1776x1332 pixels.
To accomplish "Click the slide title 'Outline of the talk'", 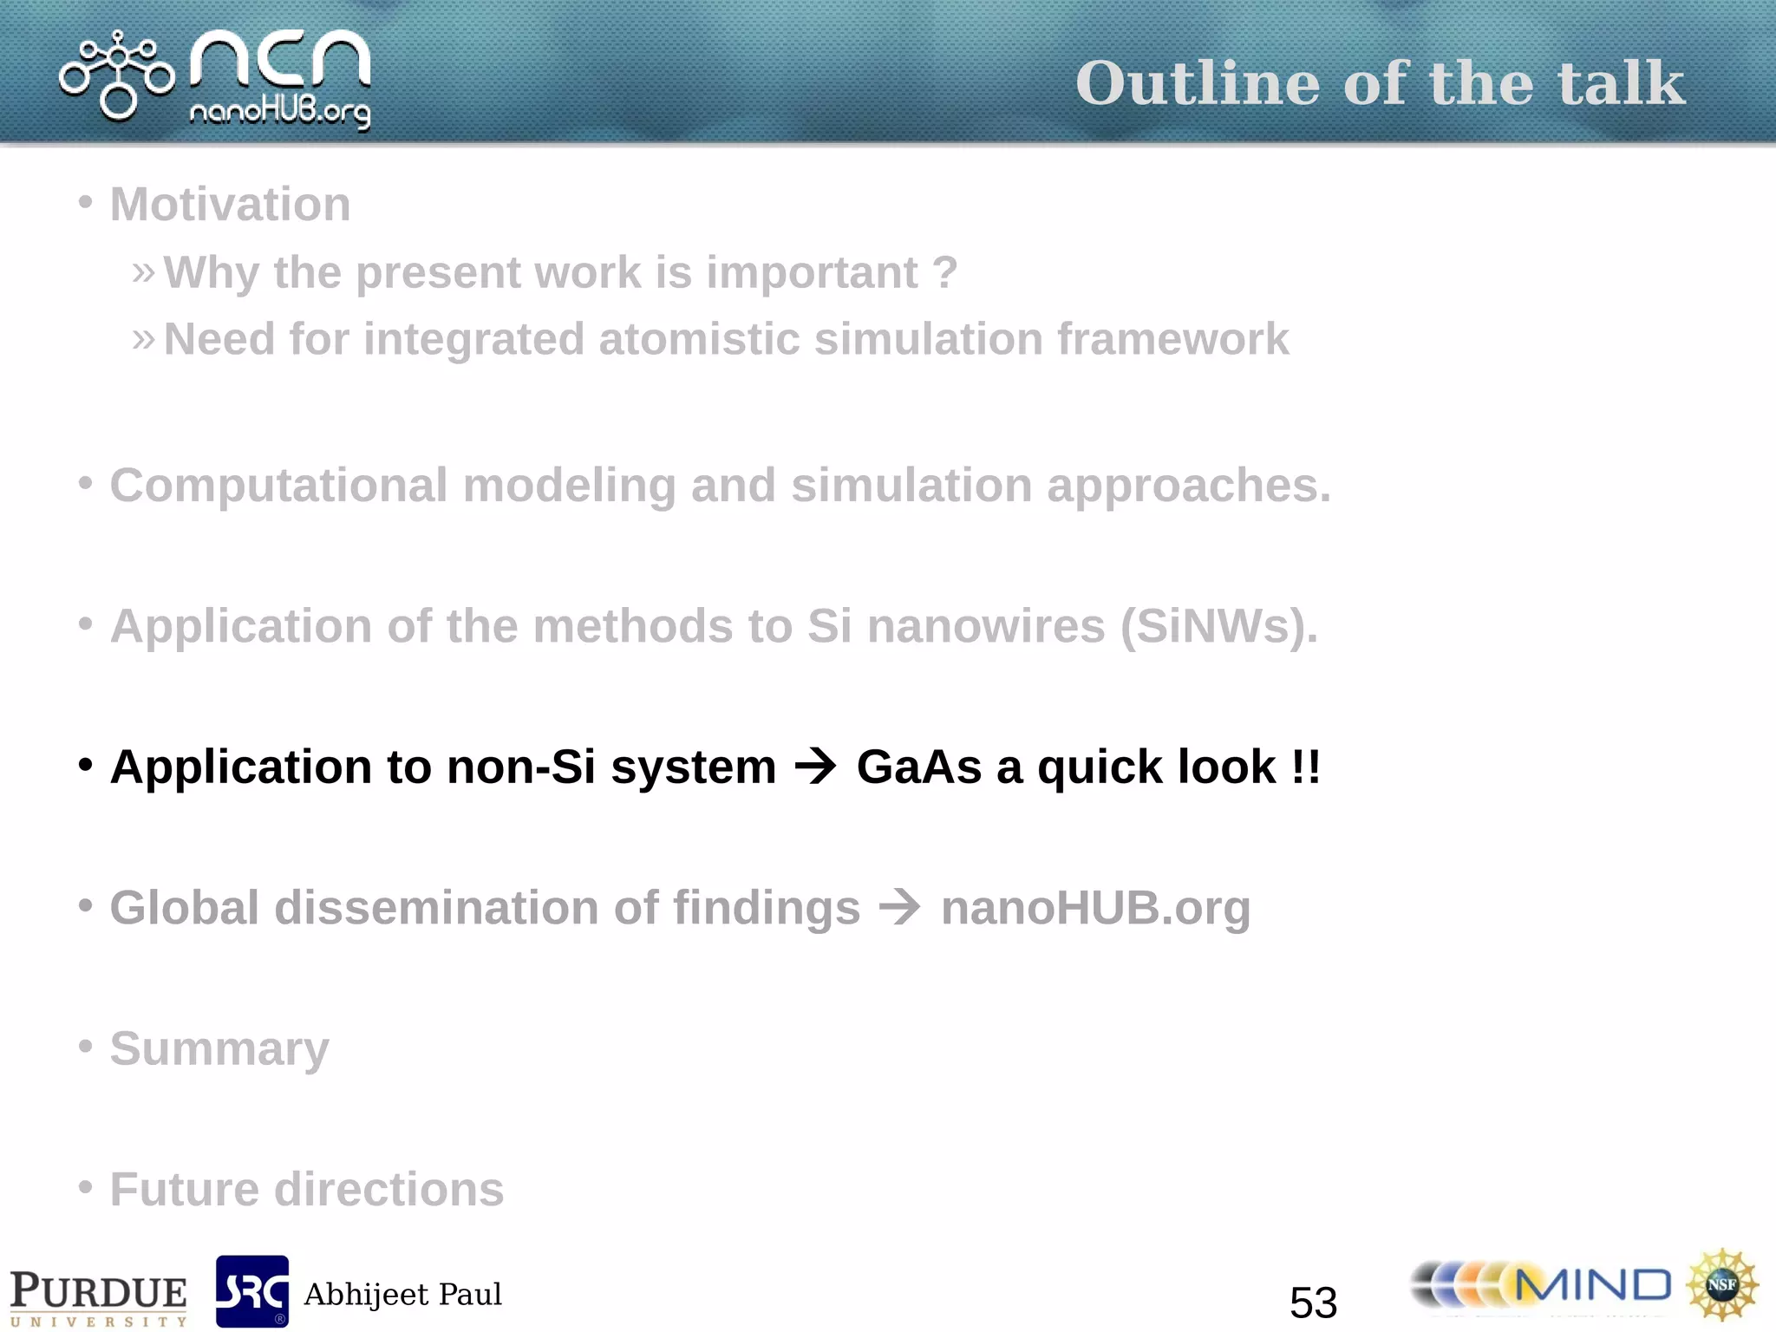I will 1380,84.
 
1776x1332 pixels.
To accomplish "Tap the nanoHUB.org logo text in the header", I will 279,112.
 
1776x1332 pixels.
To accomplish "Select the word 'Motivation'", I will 230,205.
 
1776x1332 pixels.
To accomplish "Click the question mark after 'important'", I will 945,272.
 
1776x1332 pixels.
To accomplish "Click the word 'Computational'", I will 277,485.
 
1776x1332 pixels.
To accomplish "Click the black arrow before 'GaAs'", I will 815,767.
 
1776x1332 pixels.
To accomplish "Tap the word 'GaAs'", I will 918,767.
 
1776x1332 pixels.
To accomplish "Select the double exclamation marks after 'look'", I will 1305,767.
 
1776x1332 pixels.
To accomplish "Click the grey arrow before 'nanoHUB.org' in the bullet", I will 899,908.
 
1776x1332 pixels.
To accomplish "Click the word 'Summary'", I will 219,1049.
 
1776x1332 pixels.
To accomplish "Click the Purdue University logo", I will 98,1296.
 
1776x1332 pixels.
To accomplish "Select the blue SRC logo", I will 251,1291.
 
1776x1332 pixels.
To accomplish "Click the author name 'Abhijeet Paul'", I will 402,1295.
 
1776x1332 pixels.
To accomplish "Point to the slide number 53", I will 1313,1302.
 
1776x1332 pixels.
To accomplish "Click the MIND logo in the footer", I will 1542,1286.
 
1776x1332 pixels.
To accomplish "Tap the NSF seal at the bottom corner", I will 1721,1284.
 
